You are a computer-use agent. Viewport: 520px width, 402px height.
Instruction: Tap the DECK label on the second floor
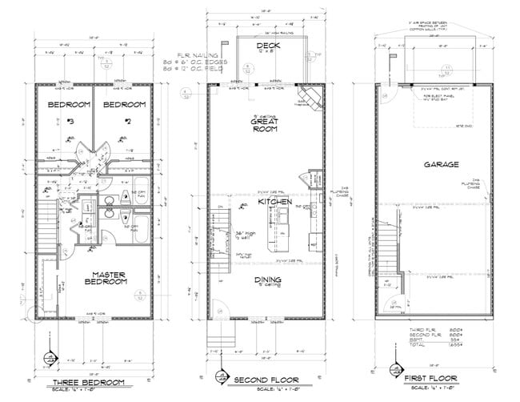coord(267,46)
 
